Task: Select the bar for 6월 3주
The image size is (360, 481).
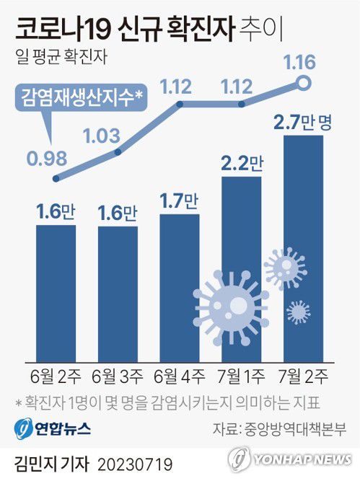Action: coord(118,292)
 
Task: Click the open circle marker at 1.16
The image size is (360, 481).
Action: coord(304,84)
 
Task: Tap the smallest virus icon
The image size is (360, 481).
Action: coord(297,312)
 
